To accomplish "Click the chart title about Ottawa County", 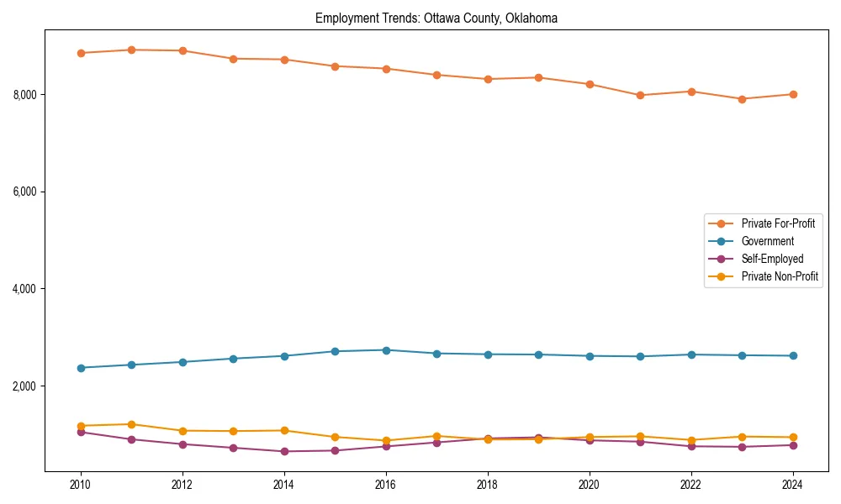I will tap(436, 18).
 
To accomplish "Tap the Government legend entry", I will tap(767, 241).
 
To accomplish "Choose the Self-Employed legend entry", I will tap(772, 259).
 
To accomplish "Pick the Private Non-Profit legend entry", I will tap(780, 276).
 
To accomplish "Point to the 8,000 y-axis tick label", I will tap(25, 95).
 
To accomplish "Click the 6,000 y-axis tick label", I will tap(25, 192).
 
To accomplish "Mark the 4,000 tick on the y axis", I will tap(25, 290).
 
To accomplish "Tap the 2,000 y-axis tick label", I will tap(25, 386).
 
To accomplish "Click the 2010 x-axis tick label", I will tap(81, 485).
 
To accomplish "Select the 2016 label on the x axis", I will tap(385, 485).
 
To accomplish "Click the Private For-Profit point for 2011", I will tap(132, 50).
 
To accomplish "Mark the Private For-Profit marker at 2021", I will tap(640, 95).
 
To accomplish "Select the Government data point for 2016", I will tap(386, 350).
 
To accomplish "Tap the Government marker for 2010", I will tap(81, 368).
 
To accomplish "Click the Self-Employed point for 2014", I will tap(284, 451).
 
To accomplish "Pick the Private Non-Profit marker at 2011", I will tap(132, 424).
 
